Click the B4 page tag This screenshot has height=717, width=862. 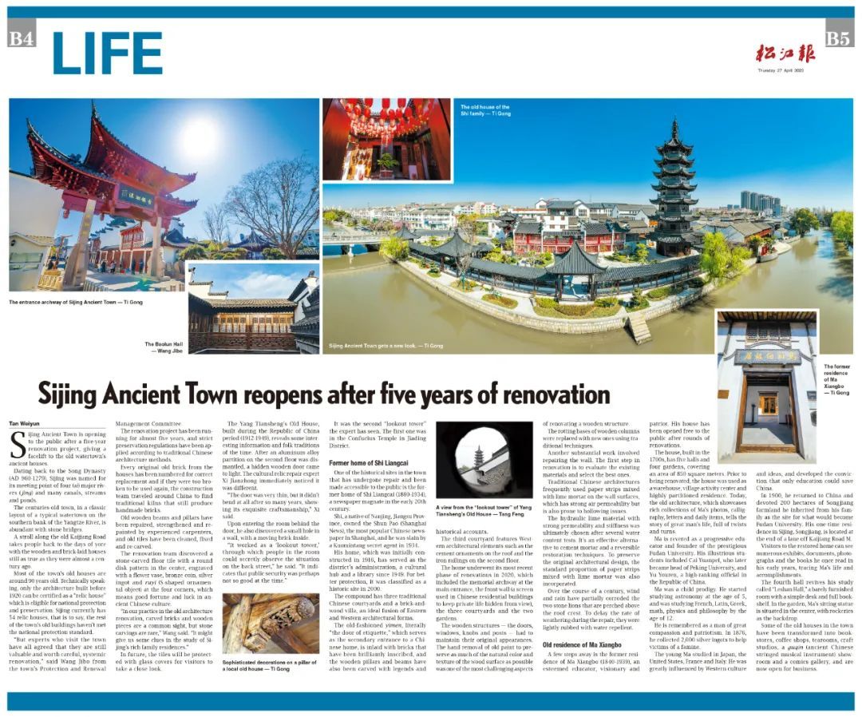tap(21, 38)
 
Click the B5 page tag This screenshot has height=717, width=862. tap(839, 38)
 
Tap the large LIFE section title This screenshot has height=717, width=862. tap(107, 54)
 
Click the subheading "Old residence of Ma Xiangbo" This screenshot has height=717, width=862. tap(582, 644)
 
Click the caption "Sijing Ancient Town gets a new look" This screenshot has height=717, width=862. tap(386, 347)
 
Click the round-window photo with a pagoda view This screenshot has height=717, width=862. tap(484, 460)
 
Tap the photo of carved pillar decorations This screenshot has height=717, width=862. tap(270, 623)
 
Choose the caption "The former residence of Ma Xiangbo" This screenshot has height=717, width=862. tap(836, 379)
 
